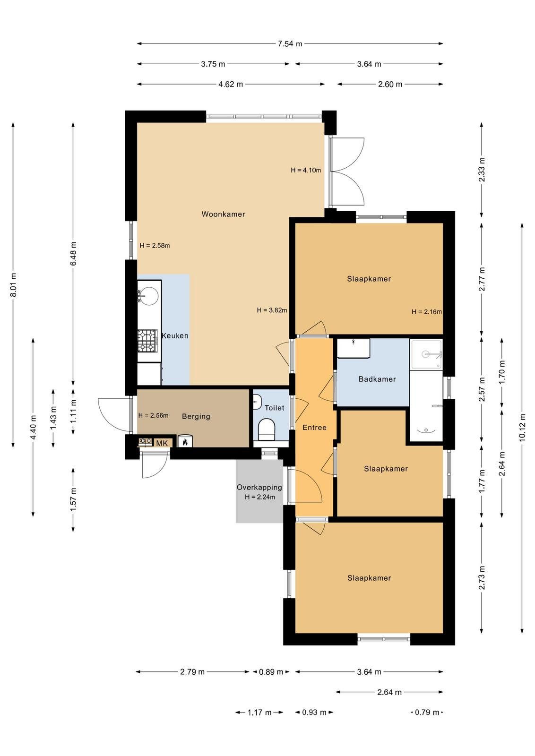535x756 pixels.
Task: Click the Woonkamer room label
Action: [x=223, y=214]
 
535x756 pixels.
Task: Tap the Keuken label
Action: [x=175, y=335]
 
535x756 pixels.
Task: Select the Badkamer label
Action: [x=377, y=379]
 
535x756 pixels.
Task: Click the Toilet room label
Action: [x=274, y=408]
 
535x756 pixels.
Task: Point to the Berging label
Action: [x=196, y=416]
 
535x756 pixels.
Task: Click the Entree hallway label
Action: [x=314, y=428]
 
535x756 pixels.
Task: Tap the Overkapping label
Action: [x=259, y=487]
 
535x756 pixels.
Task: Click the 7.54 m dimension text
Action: [x=290, y=43]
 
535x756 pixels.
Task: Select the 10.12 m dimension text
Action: [x=523, y=427]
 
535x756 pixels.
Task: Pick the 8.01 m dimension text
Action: [x=13, y=285]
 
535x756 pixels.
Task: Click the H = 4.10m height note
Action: [x=306, y=170]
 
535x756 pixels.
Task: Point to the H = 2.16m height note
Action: [x=427, y=311]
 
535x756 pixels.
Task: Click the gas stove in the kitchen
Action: [x=147, y=341]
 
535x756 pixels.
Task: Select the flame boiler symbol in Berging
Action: [x=185, y=441]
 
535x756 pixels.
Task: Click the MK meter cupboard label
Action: [x=162, y=443]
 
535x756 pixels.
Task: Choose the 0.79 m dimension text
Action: [x=427, y=712]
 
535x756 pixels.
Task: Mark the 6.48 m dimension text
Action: [x=74, y=253]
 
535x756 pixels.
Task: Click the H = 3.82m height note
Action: [x=272, y=310]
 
